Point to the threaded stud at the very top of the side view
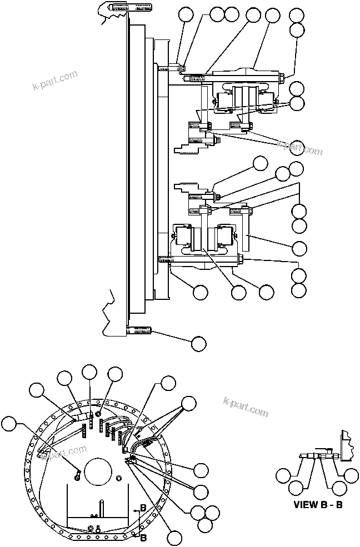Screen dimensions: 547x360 coord(132,8)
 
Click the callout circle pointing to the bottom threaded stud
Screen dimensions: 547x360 coord(198,344)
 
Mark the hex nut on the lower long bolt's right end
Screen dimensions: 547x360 coord(241,259)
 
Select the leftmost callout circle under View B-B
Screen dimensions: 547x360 coord(284,475)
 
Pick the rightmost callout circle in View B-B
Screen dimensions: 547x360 coord(351,475)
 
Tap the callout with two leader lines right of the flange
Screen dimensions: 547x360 coord(189,405)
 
